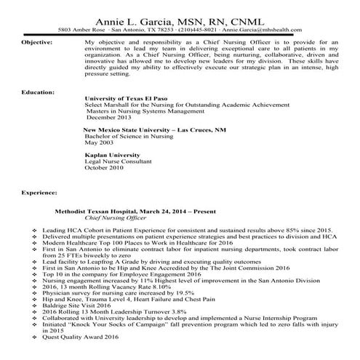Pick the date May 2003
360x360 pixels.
[x=100, y=142]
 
